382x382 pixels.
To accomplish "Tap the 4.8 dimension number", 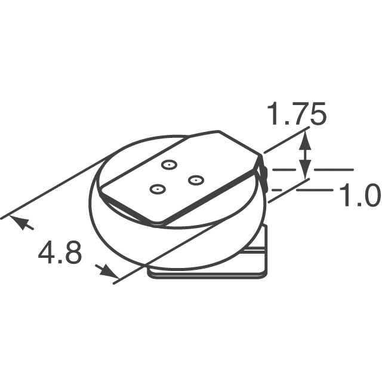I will point(60,254).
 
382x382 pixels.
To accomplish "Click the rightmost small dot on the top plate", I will point(195,179).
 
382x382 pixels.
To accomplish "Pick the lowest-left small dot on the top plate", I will point(156,189).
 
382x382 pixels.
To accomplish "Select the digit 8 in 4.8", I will point(72,254).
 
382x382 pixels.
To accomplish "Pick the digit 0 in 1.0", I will point(370,195).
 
